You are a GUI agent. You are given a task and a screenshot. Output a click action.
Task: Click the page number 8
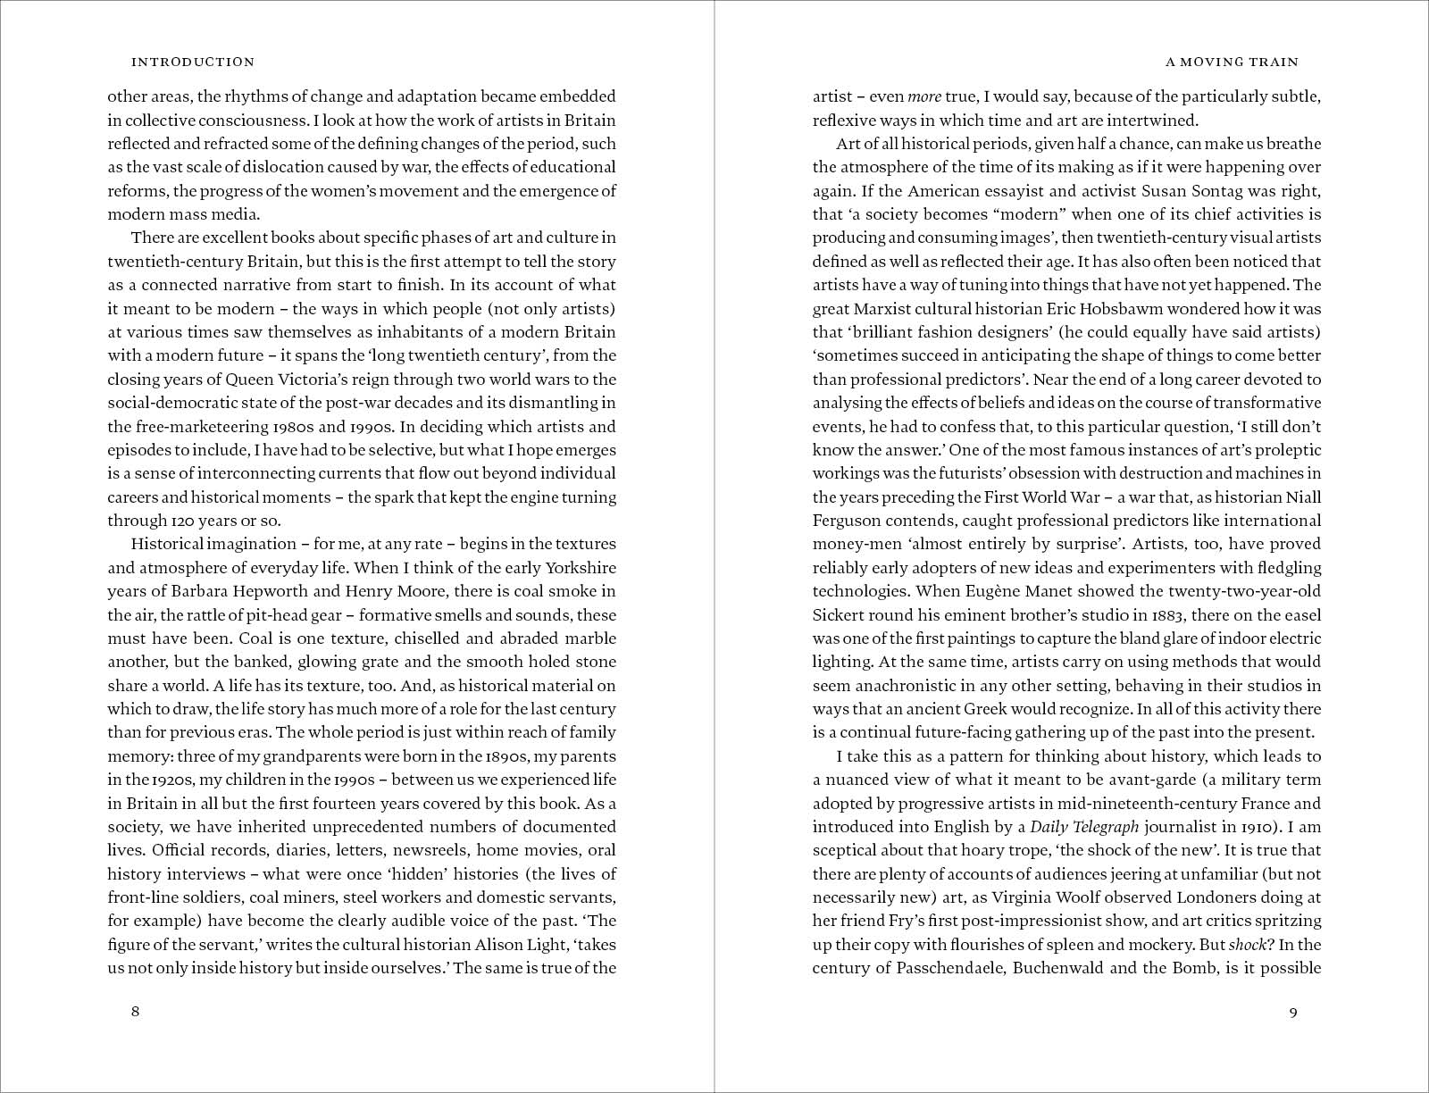[x=136, y=1012]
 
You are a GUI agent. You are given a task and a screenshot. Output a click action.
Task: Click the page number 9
[x=1293, y=1012]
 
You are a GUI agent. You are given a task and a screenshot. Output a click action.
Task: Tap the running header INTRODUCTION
[x=193, y=63]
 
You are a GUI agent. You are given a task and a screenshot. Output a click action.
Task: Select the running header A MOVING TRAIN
[x=1233, y=63]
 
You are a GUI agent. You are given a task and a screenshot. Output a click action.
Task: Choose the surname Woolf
[x=1129, y=897]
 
